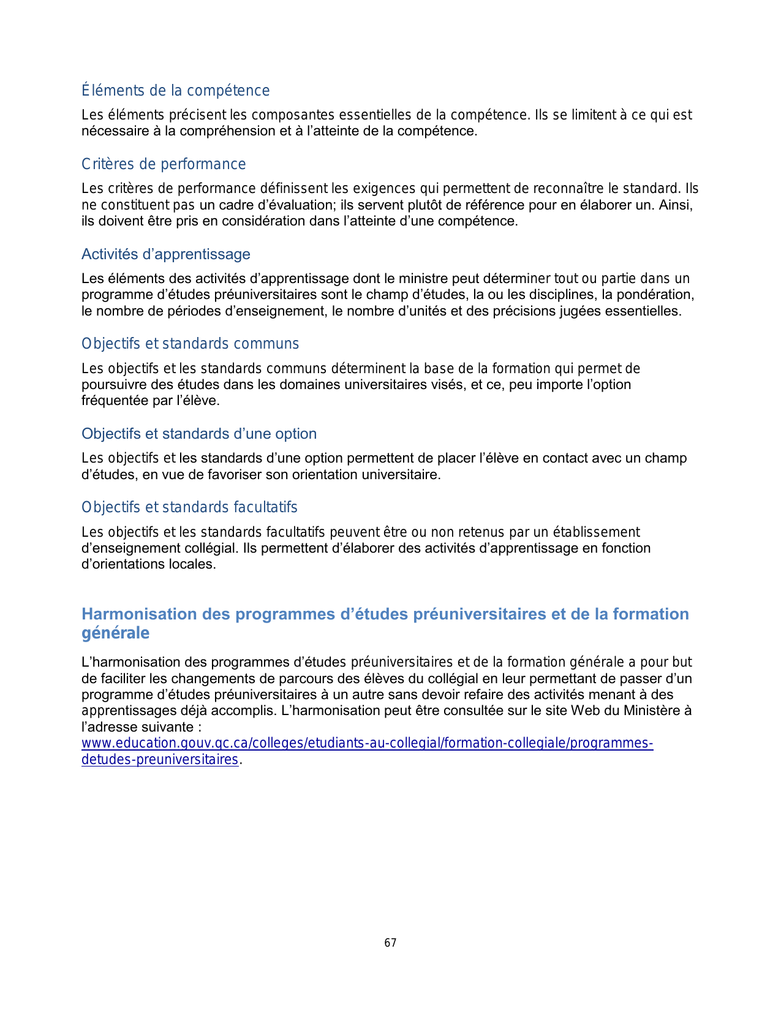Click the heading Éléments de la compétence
click(x=175, y=91)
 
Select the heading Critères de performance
click(x=164, y=164)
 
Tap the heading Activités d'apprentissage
click(x=165, y=254)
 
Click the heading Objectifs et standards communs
click(x=190, y=344)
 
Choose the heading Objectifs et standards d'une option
click(x=199, y=434)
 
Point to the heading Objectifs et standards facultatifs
click(x=189, y=507)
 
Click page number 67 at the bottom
click(x=390, y=943)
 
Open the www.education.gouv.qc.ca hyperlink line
click(x=367, y=743)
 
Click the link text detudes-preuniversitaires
click(x=159, y=760)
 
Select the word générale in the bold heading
click(x=115, y=633)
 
